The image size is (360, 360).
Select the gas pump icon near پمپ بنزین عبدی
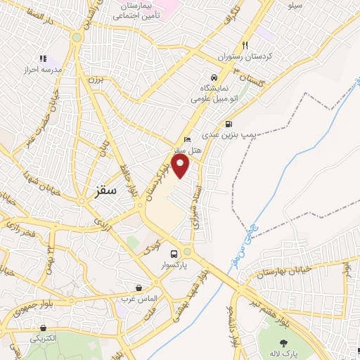tap(228, 124)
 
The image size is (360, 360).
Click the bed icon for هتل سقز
tap(186, 139)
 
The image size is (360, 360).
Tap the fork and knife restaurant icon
tap(245, 44)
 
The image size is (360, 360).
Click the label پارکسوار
tap(174, 266)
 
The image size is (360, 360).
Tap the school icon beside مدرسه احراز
tap(43, 59)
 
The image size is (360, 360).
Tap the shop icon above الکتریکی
tap(43, 328)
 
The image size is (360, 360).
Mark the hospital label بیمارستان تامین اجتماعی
tap(138, 10)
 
